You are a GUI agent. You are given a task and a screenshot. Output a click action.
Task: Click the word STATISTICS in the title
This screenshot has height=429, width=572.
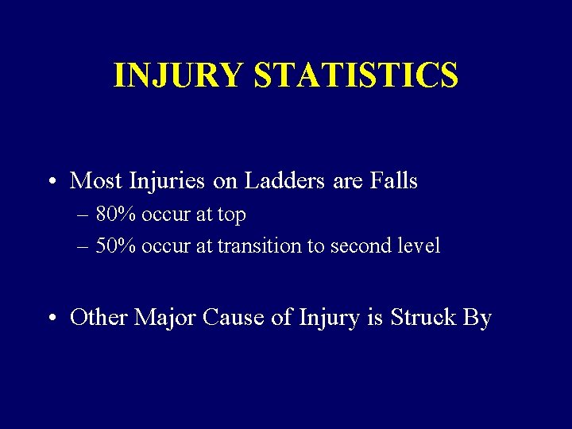pos(356,75)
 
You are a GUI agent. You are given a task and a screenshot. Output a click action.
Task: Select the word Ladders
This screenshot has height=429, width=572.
pos(282,181)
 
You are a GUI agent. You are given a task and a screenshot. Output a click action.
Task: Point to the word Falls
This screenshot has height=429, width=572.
pos(393,181)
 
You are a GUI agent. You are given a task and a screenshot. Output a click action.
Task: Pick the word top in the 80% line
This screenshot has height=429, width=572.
pos(230,215)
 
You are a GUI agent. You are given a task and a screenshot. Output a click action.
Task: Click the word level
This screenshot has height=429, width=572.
pos(417,245)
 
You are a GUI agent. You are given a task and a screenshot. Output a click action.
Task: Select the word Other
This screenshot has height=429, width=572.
pos(99,318)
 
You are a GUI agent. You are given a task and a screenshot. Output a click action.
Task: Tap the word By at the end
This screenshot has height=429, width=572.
pos(477,318)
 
